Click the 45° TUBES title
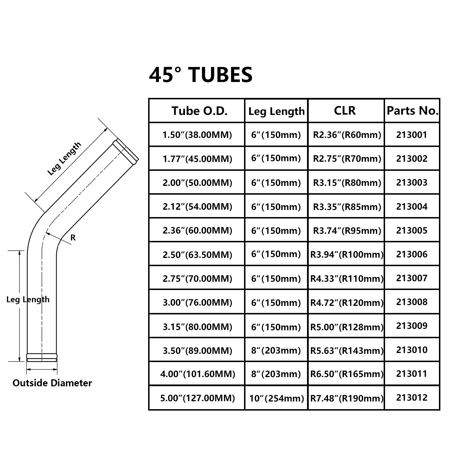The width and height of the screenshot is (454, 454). pyautogui.click(x=201, y=75)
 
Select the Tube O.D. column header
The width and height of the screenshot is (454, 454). pyautogui.click(x=199, y=111)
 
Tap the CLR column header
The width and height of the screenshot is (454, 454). pyautogui.click(x=345, y=110)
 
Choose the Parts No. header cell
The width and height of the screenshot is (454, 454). pyautogui.click(x=413, y=111)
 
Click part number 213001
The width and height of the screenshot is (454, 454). pyautogui.click(x=412, y=135)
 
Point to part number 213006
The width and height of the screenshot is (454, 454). pyautogui.click(x=412, y=254)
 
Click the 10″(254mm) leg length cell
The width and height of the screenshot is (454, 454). pyautogui.click(x=277, y=398)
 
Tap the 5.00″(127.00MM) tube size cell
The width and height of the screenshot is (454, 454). pyautogui.click(x=197, y=398)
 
